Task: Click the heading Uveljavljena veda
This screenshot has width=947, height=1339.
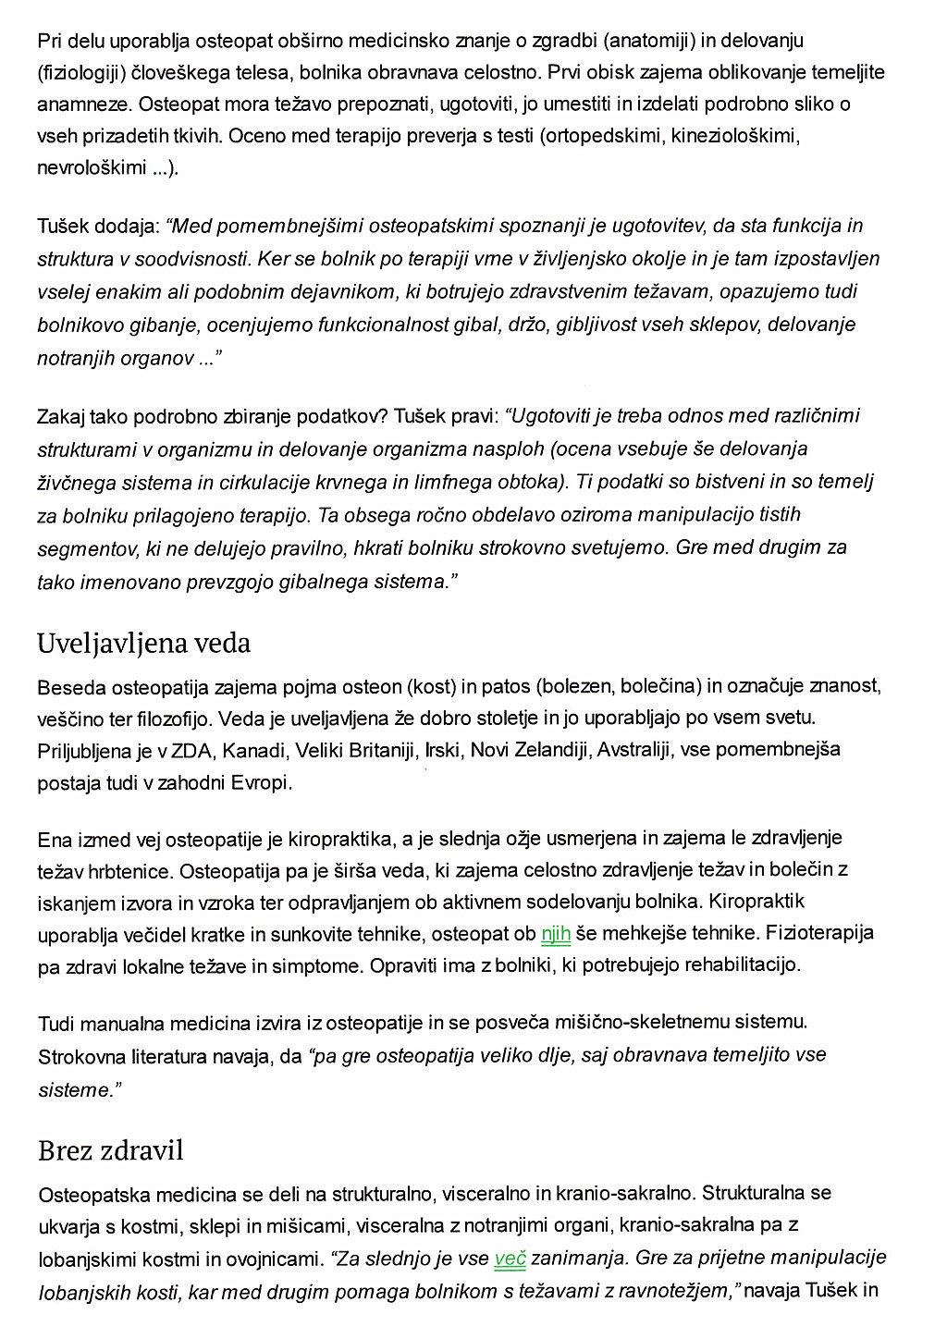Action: coord(143,643)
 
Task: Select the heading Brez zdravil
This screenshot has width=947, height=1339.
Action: coord(111,1150)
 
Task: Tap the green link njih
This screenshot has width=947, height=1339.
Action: coord(555,934)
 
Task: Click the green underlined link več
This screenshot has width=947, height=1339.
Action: coord(510,1258)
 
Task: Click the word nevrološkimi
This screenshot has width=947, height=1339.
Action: coord(92,167)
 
